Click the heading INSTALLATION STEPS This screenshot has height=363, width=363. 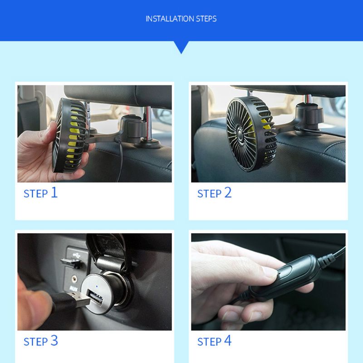click(181, 19)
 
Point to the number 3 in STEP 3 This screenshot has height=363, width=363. click(54, 340)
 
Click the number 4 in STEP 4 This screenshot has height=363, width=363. click(228, 340)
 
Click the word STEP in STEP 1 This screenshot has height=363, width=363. click(35, 194)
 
